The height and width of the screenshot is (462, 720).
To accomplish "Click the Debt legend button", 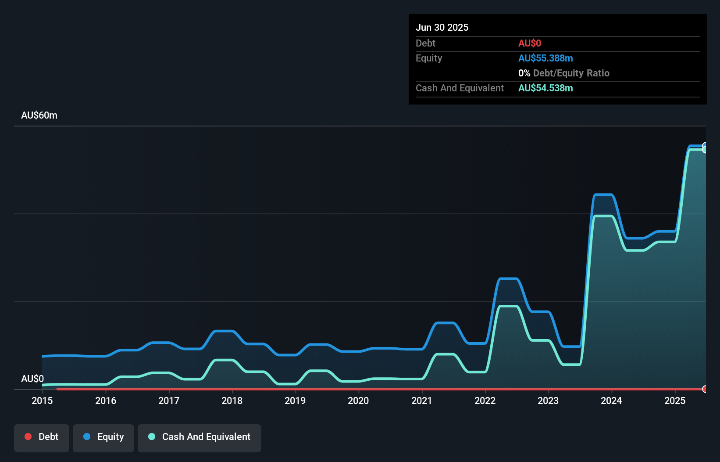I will point(42,437).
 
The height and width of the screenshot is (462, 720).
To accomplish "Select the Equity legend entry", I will point(103,437).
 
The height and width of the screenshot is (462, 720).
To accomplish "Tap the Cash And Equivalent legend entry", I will point(200,437).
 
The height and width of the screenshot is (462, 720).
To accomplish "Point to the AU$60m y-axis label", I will point(39,115).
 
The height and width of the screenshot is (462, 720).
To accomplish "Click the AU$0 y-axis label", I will point(32,379).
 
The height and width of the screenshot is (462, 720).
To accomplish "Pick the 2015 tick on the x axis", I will point(42,401).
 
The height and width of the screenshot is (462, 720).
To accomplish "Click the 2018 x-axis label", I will point(232,401).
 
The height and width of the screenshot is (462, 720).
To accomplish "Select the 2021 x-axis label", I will point(421,401).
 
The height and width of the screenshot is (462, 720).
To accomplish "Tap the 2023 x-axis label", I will point(548,401).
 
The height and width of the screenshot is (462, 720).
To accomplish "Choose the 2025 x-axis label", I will point(674,401).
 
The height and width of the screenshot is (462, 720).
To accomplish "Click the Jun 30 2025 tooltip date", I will point(442,27).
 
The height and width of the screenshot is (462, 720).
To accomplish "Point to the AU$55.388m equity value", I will point(545,58).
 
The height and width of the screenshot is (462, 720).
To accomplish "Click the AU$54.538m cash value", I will point(545,88).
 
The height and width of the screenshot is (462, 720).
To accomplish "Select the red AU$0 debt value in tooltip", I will point(529,43).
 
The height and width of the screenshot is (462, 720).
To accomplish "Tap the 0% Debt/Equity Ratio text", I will point(564,73).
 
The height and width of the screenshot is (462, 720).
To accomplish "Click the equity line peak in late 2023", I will point(603,194).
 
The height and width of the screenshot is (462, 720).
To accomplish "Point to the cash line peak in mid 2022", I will point(509,306).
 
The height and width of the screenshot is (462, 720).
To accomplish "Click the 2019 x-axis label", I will point(295,401).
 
